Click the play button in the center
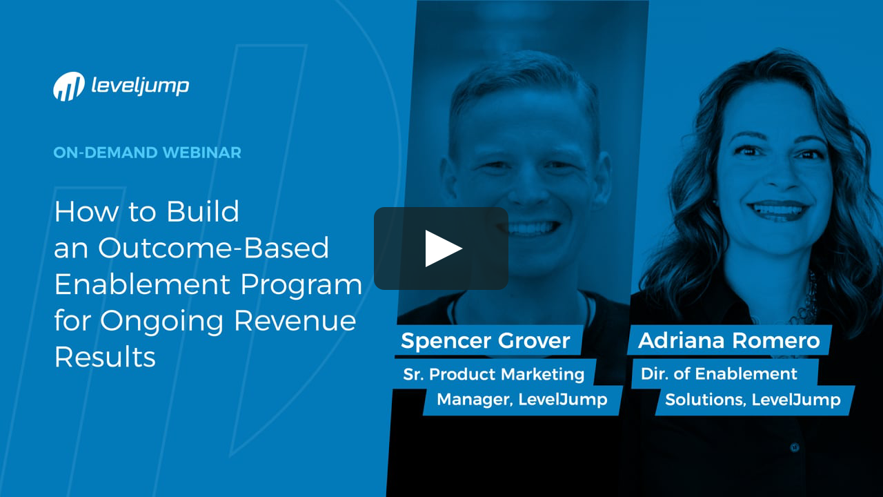click(441, 248)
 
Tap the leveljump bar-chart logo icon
click(69, 87)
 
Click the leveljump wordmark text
click(140, 86)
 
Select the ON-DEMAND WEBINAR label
click(148, 153)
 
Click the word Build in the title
click(202, 212)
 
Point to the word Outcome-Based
click(213, 248)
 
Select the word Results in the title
click(105, 357)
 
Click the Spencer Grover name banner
click(486, 340)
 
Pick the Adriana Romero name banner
click(728, 340)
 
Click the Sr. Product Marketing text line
click(494, 374)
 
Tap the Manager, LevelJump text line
click(522, 400)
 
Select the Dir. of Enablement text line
click(719, 374)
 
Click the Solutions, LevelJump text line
click(753, 400)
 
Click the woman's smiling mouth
click(779, 210)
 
